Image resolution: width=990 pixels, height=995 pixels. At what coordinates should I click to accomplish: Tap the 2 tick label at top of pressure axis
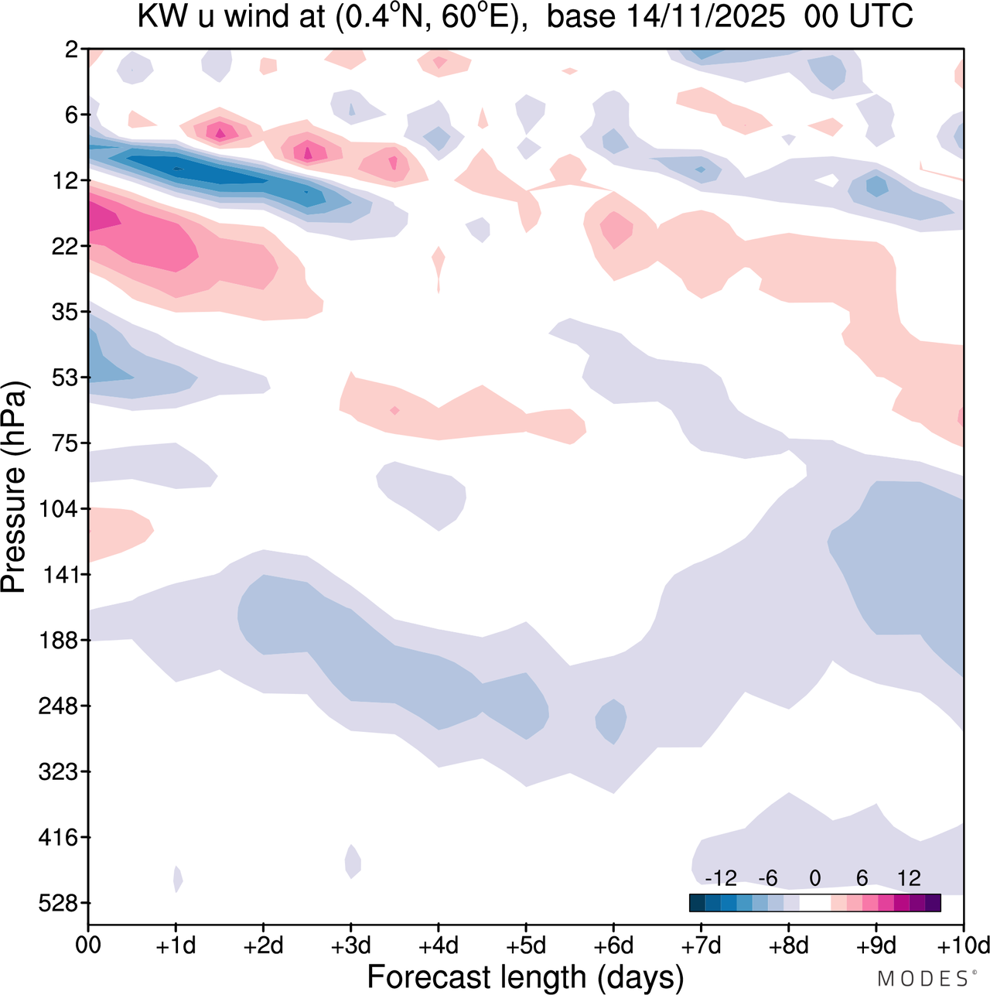click(x=73, y=50)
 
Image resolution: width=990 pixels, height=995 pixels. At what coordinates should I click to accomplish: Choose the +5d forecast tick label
click(x=526, y=945)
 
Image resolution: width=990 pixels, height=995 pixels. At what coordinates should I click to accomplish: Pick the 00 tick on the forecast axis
click(x=88, y=945)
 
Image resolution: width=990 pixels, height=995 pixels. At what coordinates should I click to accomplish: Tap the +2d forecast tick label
click(x=263, y=945)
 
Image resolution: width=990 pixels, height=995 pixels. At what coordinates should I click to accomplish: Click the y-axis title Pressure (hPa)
click(x=14, y=487)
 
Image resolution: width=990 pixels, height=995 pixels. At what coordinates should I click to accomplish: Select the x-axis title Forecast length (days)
click(x=525, y=977)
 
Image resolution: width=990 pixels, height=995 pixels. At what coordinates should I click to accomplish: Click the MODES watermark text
click(x=923, y=979)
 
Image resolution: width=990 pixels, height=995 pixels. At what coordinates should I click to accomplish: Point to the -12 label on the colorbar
click(x=720, y=878)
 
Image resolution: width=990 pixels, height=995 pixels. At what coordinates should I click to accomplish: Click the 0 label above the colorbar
click(x=815, y=878)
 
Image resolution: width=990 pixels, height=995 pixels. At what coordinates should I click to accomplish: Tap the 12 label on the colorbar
click(x=909, y=878)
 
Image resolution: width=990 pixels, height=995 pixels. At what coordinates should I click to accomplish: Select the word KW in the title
click(x=163, y=16)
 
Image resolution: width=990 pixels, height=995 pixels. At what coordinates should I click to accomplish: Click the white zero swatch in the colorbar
click(x=815, y=903)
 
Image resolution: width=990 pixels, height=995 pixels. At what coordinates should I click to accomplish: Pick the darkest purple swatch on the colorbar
click(x=933, y=903)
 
